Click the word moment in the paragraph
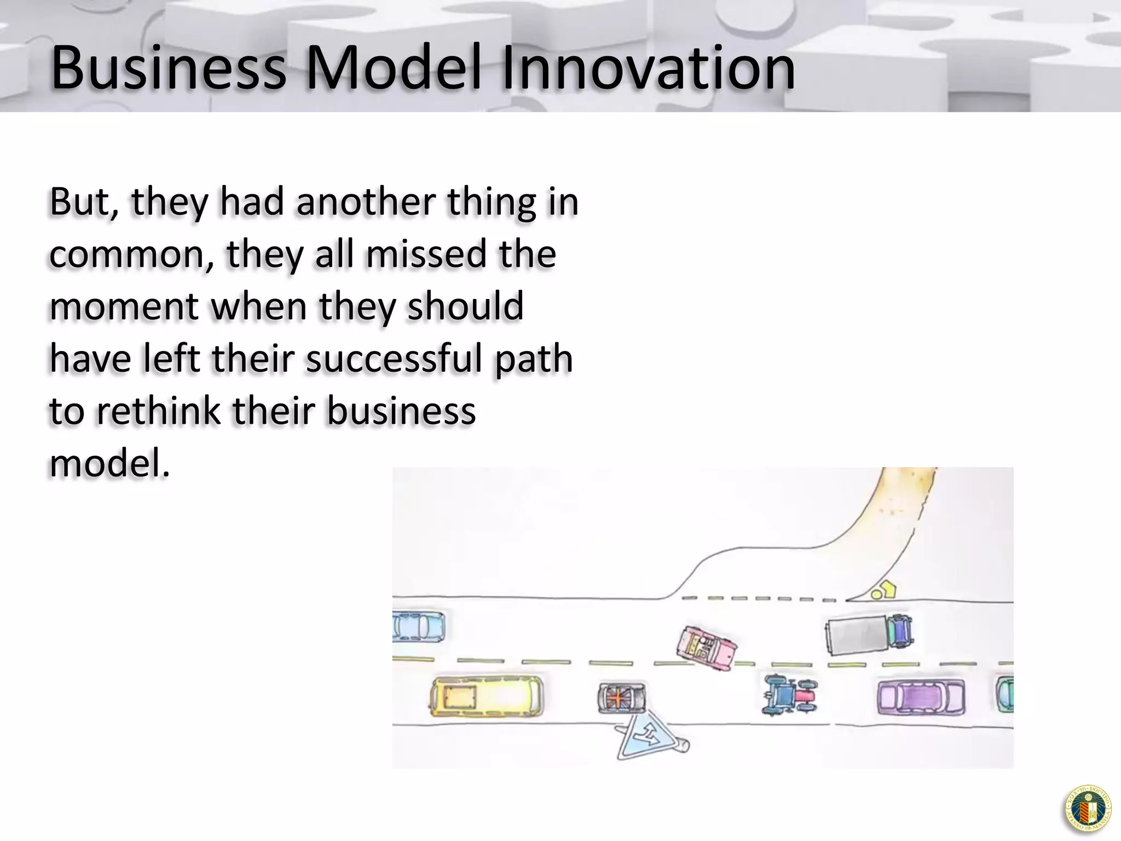click(x=124, y=307)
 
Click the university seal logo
click(x=1088, y=808)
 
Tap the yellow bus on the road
click(x=487, y=696)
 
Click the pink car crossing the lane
click(x=706, y=648)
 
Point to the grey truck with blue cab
click(x=869, y=634)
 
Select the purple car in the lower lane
click(x=921, y=697)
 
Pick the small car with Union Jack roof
click(x=622, y=698)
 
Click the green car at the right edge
click(x=1006, y=694)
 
